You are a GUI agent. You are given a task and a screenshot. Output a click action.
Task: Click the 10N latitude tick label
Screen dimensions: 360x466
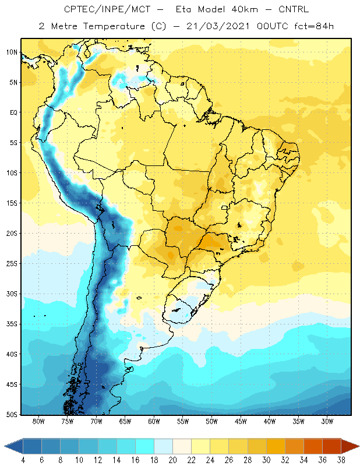tap(12, 52)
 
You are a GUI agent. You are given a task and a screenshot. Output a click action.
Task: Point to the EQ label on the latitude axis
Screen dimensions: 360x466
tap(13, 112)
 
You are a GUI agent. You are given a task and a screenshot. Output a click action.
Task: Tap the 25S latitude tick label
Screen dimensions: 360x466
tap(12, 264)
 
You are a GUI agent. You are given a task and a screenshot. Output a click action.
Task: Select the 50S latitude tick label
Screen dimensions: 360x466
tap(12, 415)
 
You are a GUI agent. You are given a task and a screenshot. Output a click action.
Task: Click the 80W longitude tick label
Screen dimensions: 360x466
tap(38, 421)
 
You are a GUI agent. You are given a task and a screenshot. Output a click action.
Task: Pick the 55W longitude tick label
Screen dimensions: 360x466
tap(183, 421)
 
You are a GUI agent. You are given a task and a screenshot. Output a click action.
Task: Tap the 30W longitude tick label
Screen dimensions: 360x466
tap(327, 421)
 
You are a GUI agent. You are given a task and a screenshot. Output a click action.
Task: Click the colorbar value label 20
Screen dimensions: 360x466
tap(172, 460)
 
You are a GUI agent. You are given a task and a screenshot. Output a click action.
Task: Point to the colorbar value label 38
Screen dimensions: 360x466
tap(341, 460)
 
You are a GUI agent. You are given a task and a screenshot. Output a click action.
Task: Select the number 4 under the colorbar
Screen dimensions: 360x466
tap(23, 460)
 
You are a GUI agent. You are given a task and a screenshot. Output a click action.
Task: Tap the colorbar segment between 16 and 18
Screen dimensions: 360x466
tap(145, 446)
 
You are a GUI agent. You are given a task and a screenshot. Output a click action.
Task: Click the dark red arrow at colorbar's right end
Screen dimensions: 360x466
tap(350, 446)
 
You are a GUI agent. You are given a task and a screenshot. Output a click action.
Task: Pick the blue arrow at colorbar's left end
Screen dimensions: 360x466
tap(14, 446)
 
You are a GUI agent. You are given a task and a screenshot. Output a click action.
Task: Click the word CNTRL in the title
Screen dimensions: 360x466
tap(294, 9)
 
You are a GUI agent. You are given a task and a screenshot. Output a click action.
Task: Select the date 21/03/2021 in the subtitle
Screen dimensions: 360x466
tap(218, 26)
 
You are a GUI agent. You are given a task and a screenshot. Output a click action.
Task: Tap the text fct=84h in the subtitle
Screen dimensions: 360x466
tap(314, 26)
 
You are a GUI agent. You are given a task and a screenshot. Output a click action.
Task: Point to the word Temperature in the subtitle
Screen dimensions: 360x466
tap(114, 26)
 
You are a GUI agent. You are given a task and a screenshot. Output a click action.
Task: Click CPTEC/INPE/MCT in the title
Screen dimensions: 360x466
tap(107, 9)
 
